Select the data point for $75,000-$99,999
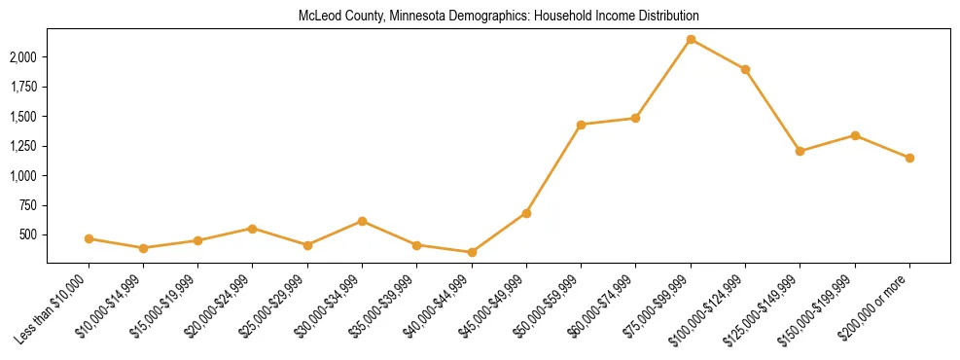(691, 40)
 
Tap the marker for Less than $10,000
(89, 238)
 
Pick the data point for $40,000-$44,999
(472, 252)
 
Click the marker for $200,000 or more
(909, 158)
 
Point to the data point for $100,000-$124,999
(745, 70)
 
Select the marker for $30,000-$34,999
(362, 221)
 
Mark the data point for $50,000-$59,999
(581, 125)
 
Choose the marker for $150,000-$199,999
(855, 135)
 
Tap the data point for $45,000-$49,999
(526, 213)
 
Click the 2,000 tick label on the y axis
(23, 57)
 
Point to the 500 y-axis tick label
(29, 235)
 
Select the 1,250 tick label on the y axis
(23, 146)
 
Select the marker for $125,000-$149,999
(800, 151)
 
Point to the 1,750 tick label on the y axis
(23, 87)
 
